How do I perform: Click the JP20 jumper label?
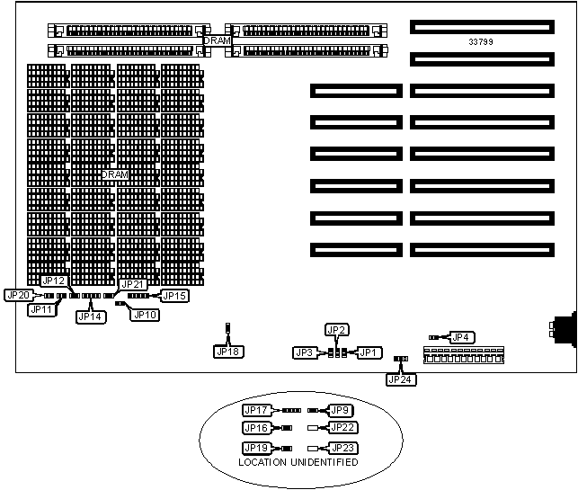[x=18, y=294]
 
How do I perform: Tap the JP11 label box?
[x=41, y=309]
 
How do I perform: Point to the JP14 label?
[x=90, y=316]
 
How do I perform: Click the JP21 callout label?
[x=134, y=284]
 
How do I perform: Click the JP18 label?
[x=228, y=352]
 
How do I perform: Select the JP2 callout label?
[x=336, y=330]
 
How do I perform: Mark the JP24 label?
[x=398, y=379]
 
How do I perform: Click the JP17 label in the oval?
[x=257, y=410]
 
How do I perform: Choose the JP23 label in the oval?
[x=343, y=447]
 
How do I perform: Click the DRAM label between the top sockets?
[x=217, y=40]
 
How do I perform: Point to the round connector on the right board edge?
[x=568, y=328]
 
